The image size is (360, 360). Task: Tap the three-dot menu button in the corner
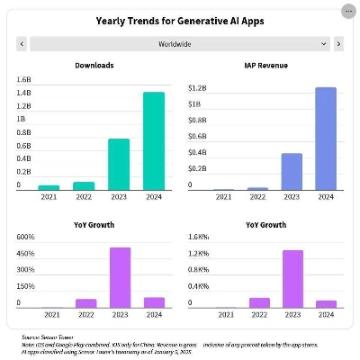point(347,11)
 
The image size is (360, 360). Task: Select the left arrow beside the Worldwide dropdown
point(22,43)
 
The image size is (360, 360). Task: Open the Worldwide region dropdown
point(180,43)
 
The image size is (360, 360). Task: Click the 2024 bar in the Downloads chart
point(154,140)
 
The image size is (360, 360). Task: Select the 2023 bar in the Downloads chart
point(119,164)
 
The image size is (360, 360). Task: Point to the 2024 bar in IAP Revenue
point(326,139)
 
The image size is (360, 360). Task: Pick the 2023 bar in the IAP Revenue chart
point(291,171)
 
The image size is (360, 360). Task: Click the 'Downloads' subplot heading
point(94,65)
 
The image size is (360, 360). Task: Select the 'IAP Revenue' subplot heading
point(266,65)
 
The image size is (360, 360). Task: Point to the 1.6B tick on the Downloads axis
point(24,79)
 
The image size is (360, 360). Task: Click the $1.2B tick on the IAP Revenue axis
point(198,88)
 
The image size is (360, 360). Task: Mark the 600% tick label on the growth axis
point(25,237)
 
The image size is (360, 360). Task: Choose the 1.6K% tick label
point(199,237)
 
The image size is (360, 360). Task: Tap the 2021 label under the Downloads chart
point(49,197)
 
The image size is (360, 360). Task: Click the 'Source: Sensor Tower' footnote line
point(48,336)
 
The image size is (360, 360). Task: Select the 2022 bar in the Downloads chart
point(84,185)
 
